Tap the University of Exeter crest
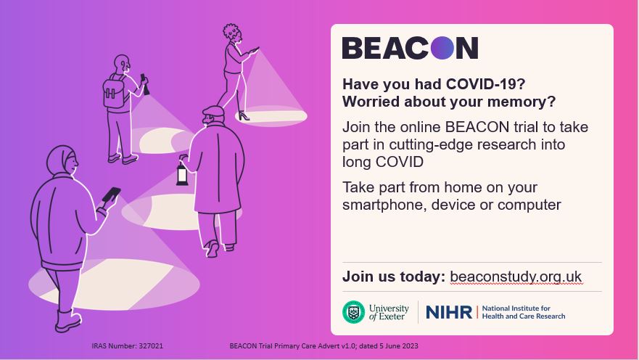click(353, 312)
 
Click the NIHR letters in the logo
click(449, 313)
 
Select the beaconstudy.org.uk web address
click(516, 277)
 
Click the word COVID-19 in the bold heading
click(485, 84)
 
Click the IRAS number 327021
click(151, 345)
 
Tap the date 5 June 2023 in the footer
click(399, 345)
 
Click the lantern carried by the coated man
click(182, 173)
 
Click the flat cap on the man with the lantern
click(213, 111)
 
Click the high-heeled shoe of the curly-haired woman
click(244, 116)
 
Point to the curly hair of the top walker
click(231, 31)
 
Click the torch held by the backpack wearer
click(144, 84)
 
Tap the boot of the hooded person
click(67, 321)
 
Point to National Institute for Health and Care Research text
click(524, 312)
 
